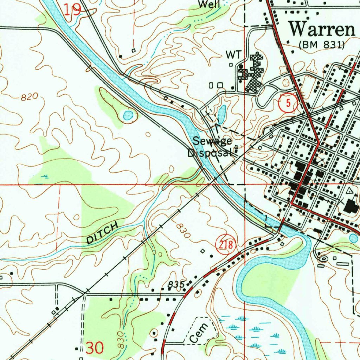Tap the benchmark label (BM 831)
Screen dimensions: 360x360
point(321,45)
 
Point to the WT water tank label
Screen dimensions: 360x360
point(233,54)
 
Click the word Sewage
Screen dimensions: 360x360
point(212,142)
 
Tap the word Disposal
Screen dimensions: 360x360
point(210,153)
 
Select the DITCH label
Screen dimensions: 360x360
point(103,234)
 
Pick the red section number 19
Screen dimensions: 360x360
point(72,10)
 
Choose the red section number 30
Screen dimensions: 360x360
point(95,348)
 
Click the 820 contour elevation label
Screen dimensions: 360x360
point(29,97)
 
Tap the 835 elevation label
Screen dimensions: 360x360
point(175,285)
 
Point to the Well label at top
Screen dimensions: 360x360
point(209,5)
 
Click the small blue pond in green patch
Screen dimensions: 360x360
point(128,115)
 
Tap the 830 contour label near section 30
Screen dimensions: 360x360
point(121,340)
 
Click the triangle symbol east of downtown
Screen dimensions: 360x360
point(349,191)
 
